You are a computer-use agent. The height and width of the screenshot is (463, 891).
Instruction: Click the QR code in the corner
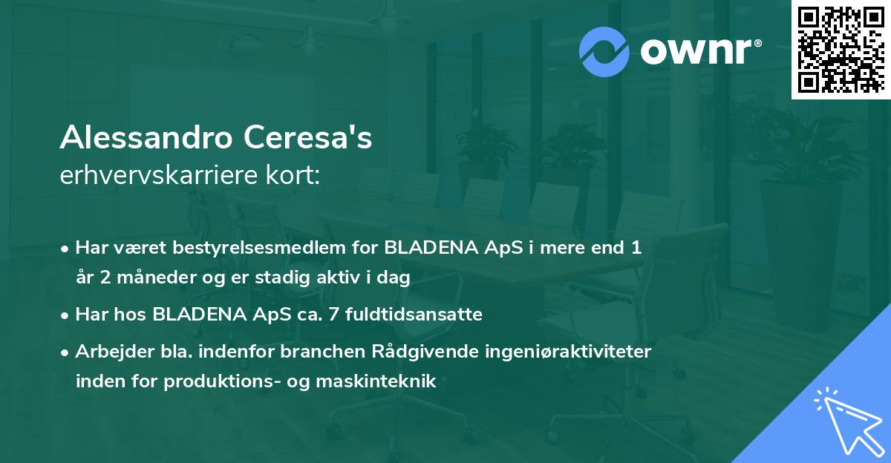tap(841, 50)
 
